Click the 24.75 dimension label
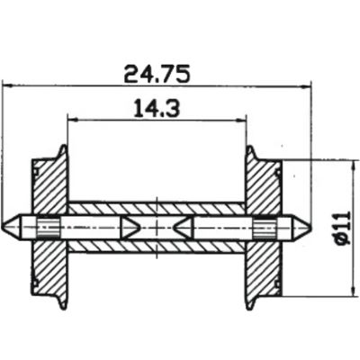coord(157,74)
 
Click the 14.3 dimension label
coord(157,108)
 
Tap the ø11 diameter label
coord(344,228)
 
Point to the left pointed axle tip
coord(3,227)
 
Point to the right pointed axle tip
coord(310,227)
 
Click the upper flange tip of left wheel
coord(63,146)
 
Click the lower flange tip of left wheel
coord(63,308)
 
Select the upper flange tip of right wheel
coord(250,146)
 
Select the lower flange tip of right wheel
coord(250,308)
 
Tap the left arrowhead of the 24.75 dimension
coord(6,86)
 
